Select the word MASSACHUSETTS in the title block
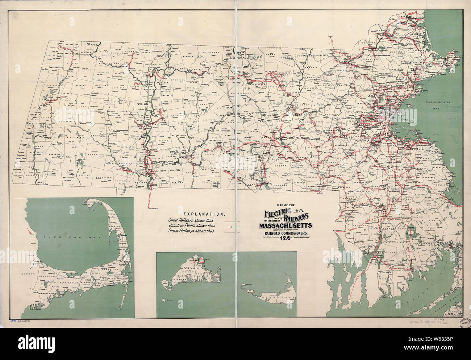click(285, 227)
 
